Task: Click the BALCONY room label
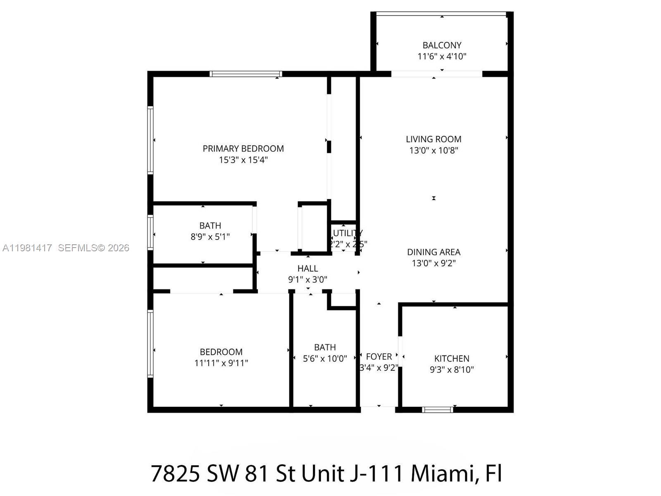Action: [x=442, y=45]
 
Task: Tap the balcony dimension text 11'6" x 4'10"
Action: [x=442, y=56]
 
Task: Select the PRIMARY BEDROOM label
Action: [x=243, y=148]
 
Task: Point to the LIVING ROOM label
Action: [x=433, y=139]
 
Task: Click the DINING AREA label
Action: [x=433, y=252]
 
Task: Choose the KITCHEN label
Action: [x=452, y=358]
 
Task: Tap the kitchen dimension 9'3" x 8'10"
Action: [x=452, y=370]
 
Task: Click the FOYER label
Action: [x=378, y=356]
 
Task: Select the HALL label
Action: [x=307, y=268]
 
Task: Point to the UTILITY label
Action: [x=347, y=233]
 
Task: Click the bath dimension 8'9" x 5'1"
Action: [x=210, y=236]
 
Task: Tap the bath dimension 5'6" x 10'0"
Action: [x=325, y=358]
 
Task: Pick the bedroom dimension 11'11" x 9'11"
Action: [x=221, y=363]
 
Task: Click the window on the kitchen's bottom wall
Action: [x=437, y=410]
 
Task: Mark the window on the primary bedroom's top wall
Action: [x=245, y=74]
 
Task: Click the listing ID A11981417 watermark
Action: [x=27, y=248]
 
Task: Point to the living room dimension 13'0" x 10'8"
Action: [x=433, y=150]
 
